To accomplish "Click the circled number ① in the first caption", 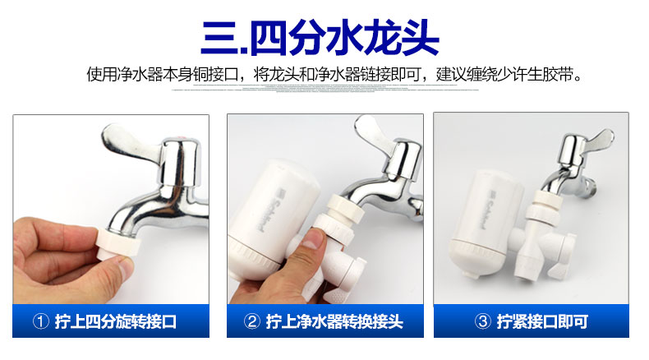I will [42, 321].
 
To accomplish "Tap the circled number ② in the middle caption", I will [252, 321].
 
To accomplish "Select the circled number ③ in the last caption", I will [483, 321].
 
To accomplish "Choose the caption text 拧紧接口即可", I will [541, 321].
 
